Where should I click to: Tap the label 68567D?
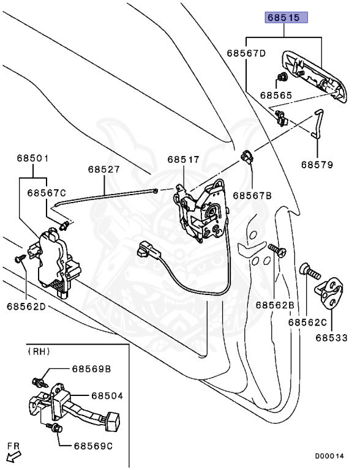point(246,53)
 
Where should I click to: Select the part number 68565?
point(276,95)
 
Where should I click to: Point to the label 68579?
point(317,165)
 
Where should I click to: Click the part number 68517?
point(183,159)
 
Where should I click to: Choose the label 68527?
point(104,170)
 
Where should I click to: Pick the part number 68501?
point(32,158)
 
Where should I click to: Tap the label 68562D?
point(26,307)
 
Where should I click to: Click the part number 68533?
point(331,338)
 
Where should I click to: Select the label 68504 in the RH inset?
point(107,396)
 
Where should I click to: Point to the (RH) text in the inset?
point(39,351)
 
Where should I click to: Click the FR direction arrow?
point(14,457)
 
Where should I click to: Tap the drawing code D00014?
point(329,456)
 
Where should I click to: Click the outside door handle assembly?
point(314,76)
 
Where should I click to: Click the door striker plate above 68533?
point(329,294)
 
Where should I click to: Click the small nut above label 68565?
point(282,77)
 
